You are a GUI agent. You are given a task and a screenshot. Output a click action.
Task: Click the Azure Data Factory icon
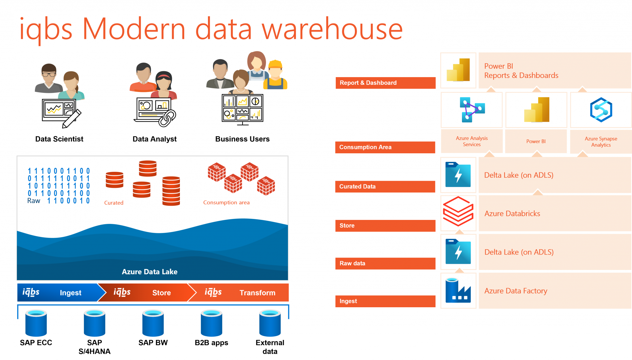[458, 290]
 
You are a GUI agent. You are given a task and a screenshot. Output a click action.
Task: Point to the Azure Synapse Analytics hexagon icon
[601, 110]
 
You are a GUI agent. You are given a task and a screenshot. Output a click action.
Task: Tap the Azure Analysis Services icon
[472, 110]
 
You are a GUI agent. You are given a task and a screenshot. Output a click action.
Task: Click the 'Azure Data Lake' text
[150, 272]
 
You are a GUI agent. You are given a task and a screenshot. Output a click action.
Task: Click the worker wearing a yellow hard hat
[275, 76]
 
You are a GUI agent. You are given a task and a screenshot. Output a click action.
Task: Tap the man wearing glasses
[49, 79]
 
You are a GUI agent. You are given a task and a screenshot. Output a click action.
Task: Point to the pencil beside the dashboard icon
[72, 119]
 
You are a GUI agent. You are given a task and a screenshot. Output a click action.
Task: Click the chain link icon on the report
[167, 118]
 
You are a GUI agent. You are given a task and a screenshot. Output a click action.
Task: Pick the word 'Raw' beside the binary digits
[34, 201]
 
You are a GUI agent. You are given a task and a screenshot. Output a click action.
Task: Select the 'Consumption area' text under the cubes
[226, 203]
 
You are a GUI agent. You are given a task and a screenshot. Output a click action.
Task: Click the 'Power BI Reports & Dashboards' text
[521, 71]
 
